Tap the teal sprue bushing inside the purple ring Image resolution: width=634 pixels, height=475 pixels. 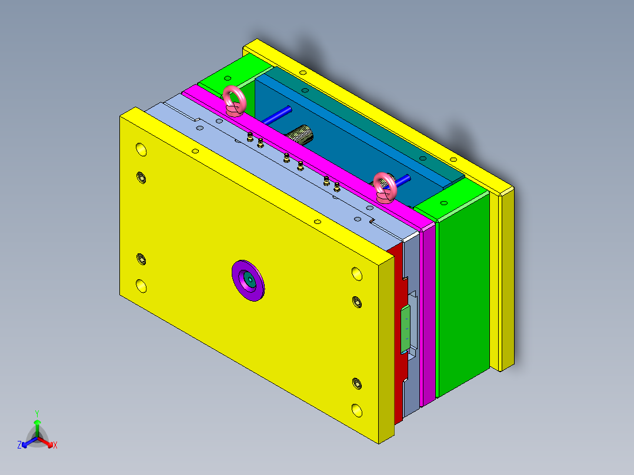(249, 280)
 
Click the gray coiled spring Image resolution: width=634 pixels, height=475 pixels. (301, 135)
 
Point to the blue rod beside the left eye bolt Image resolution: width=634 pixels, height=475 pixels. (276, 115)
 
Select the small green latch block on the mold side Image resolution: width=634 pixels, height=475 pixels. (405, 329)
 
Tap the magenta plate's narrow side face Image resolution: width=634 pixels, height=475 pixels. (429, 312)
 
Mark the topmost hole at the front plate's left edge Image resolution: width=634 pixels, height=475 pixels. (141, 149)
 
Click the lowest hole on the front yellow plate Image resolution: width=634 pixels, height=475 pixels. (357, 409)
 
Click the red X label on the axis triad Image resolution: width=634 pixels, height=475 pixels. (55, 446)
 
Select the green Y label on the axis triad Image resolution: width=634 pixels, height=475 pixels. (37, 413)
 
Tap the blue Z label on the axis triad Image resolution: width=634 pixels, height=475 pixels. (19, 445)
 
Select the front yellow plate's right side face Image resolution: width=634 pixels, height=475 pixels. (385, 347)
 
